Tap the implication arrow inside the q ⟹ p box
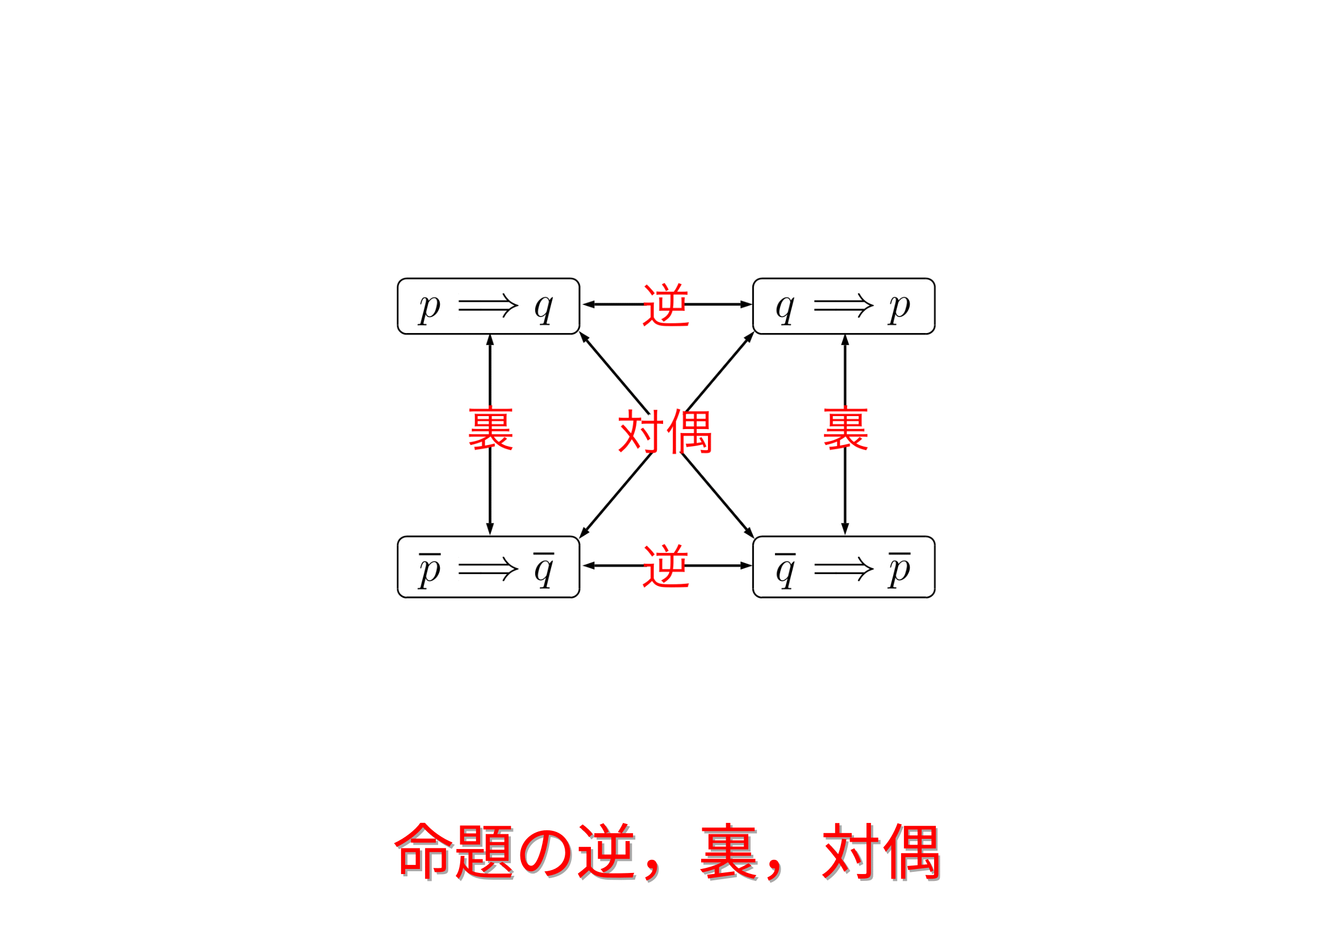click(x=843, y=305)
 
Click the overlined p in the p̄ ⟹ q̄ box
click(x=430, y=570)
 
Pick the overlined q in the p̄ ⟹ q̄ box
click(x=544, y=570)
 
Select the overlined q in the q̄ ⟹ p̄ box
click(x=785, y=570)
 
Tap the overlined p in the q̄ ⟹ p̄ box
click(x=899, y=570)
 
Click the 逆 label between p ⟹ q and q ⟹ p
click(x=666, y=305)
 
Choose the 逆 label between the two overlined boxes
click(x=666, y=566)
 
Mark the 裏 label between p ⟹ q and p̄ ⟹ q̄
click(x=490, y=429)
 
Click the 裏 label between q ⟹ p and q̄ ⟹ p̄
click(x=845, y=429)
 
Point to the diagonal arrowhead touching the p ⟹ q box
click(x=584, y=337)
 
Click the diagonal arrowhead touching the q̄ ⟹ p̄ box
click(x=749, y=533)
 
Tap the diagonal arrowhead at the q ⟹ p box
click(x=750, y=337)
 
